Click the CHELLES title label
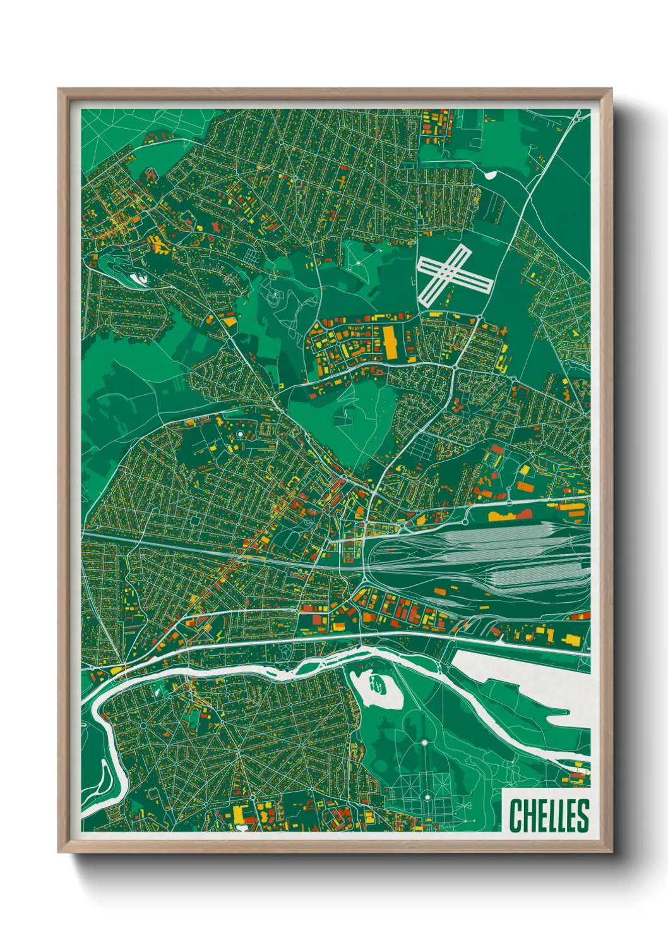[549, 815]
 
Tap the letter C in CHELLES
[515, 816]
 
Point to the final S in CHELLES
[583, 816]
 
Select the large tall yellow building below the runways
[389, 341]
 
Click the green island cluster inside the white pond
[377, 684]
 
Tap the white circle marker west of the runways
[358, 262]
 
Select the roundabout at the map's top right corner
[578, 116]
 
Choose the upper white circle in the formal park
[425, 742]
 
